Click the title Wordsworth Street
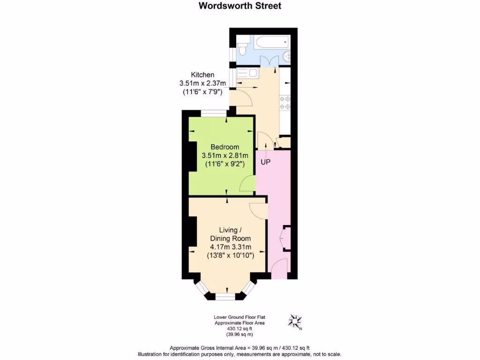pos(240,6)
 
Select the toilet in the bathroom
pos(242,48)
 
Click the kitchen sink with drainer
pos(247,74)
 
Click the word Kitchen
pos(202,75)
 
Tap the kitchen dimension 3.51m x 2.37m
pos(202,83)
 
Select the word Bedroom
pos(225,147)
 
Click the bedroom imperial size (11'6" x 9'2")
pos(225,164)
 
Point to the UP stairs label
pos(266,162)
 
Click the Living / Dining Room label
pos(231,234)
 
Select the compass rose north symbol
pos(295,322)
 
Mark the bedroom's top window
pos(214,113)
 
